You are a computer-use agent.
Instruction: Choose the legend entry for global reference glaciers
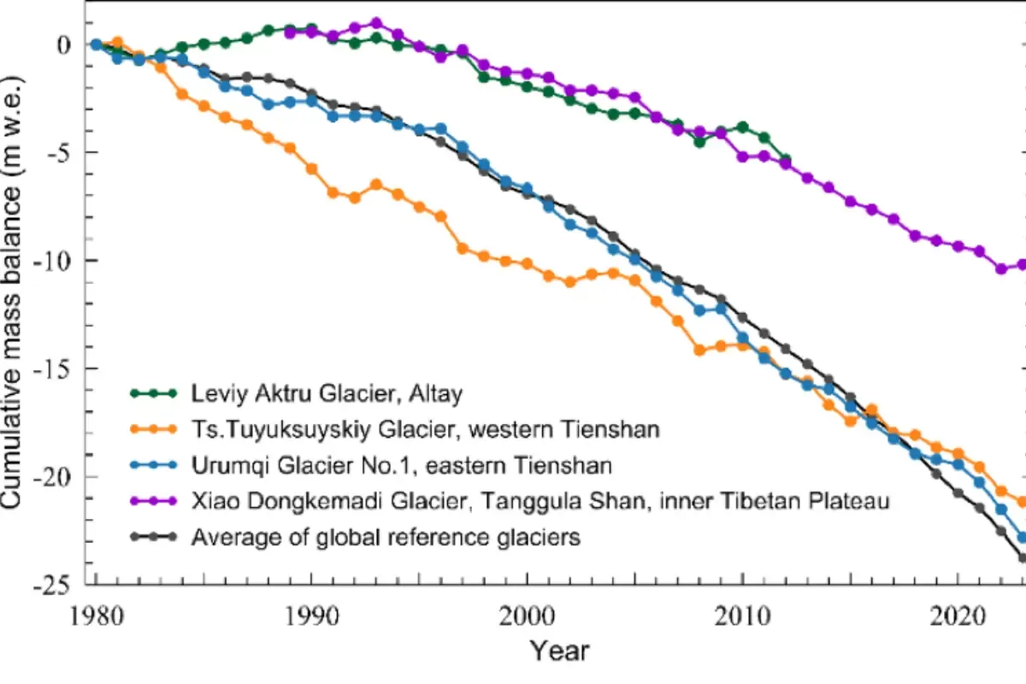coord(386,538)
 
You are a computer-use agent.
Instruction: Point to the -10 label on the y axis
coord(58,261)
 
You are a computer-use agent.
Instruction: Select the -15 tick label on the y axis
coord(58,369)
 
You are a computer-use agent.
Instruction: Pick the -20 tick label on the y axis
coord(58,477)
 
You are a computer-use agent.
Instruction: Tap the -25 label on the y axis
coord(58,586)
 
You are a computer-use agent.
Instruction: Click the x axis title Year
coord(559,652)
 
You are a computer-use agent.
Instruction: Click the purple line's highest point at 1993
coord(376,23)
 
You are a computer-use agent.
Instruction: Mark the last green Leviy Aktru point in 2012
coord(786,160)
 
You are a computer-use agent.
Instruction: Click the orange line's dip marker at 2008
coord(699,350)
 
